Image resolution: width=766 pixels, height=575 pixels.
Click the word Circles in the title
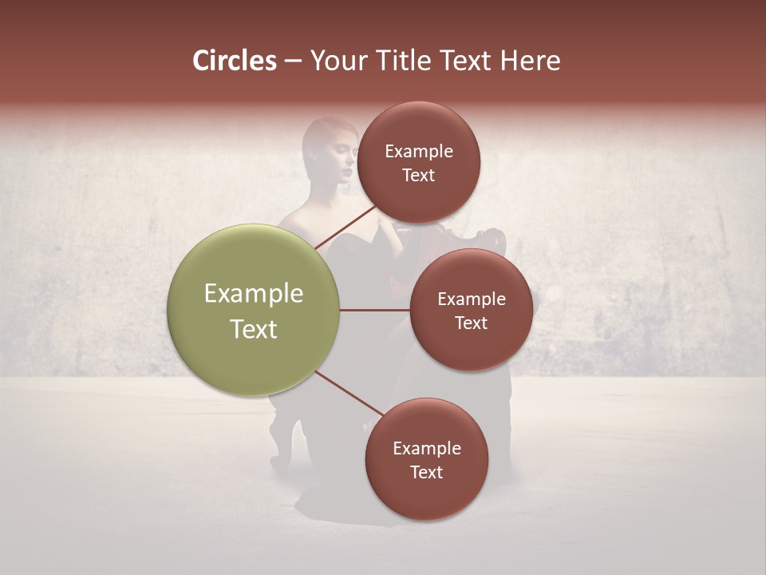coord(235,61)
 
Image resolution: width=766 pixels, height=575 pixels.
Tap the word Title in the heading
coord(403,61)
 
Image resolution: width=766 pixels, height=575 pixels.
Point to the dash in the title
coord(292,61)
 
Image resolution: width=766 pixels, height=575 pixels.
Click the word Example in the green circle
coord(254,294)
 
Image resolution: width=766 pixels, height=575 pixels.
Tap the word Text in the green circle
coord(254,329)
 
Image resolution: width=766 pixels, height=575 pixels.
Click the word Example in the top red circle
coord(419,152)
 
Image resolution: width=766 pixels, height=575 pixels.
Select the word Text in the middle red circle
coord(471,323)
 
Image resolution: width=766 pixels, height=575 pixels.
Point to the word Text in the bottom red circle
coord(426,473)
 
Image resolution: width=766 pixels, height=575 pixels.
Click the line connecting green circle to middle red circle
coord(375,310)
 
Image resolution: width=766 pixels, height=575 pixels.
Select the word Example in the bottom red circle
coord(427,449)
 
